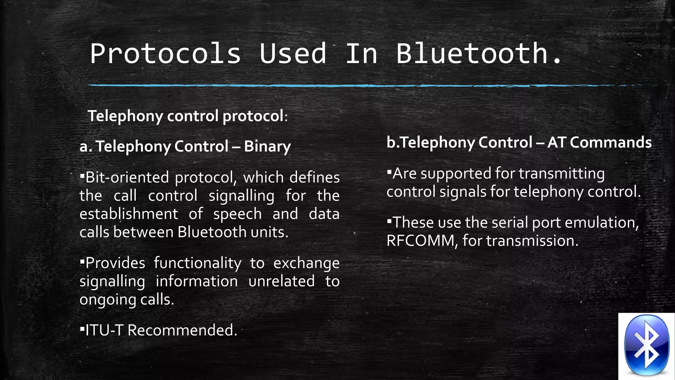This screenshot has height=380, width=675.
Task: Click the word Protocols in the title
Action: coord(165,53)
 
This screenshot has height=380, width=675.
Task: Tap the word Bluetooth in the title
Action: coord(472,53)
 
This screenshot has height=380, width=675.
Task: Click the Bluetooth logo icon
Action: coord(646,345)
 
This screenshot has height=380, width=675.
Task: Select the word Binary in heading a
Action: coord(267,146)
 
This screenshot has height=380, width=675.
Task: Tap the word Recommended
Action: coord(182,330)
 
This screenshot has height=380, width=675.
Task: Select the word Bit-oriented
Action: coord(127,177)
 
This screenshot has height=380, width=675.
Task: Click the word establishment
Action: coord(129,214)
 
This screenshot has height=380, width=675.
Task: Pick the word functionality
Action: coord(197,263)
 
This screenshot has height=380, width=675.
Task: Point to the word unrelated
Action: coord(281,281)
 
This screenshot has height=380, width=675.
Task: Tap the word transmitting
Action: coord(562,174)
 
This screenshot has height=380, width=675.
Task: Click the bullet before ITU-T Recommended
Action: coord(82,329)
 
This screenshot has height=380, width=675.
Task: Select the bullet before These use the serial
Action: coord(389,221)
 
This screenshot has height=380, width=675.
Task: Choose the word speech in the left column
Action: coord(237,214)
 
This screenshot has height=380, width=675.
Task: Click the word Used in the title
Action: coord(293,53)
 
